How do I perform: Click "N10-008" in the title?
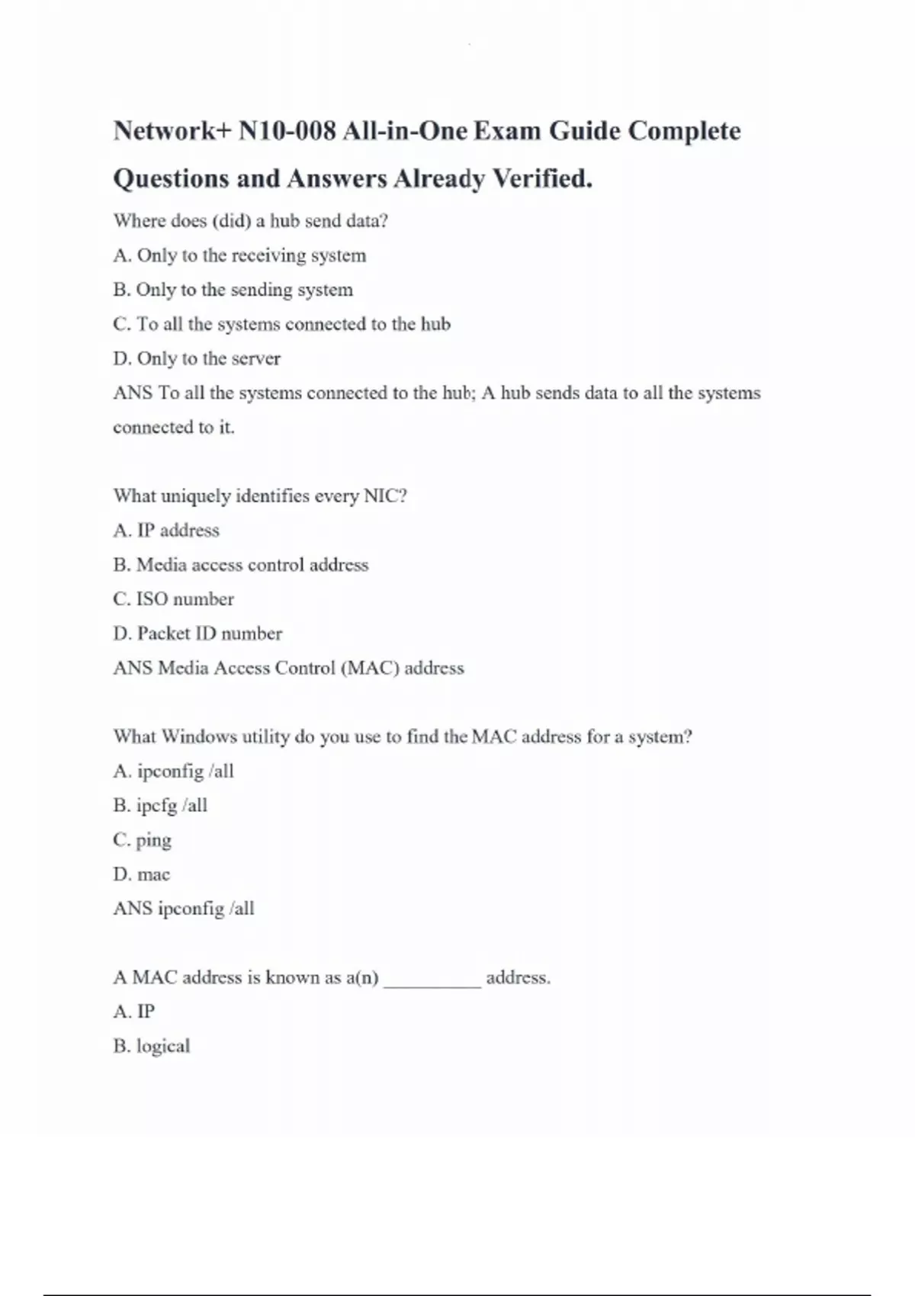287,131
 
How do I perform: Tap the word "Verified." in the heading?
542,178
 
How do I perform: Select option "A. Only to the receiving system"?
239,255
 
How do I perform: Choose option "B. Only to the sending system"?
233,290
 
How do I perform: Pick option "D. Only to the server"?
197,358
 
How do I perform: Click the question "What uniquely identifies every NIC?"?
260,496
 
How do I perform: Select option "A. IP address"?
166,531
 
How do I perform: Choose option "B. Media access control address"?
240,565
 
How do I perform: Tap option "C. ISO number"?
173,599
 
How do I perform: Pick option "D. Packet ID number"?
197,634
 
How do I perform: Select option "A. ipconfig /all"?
173,772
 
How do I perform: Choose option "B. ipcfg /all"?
160,806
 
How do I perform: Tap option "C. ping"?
143,840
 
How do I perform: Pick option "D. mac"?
142,874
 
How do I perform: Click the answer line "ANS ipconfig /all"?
184,909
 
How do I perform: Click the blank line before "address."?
432,980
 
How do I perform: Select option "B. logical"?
152,1046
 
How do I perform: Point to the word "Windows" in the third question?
200,736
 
